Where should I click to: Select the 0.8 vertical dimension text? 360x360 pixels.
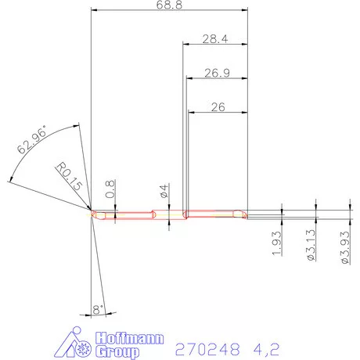point(110,188)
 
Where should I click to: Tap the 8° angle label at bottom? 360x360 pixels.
point(99,310)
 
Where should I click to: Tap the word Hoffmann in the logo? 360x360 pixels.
point(128,337)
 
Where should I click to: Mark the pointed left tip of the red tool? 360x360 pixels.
point(92,214)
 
